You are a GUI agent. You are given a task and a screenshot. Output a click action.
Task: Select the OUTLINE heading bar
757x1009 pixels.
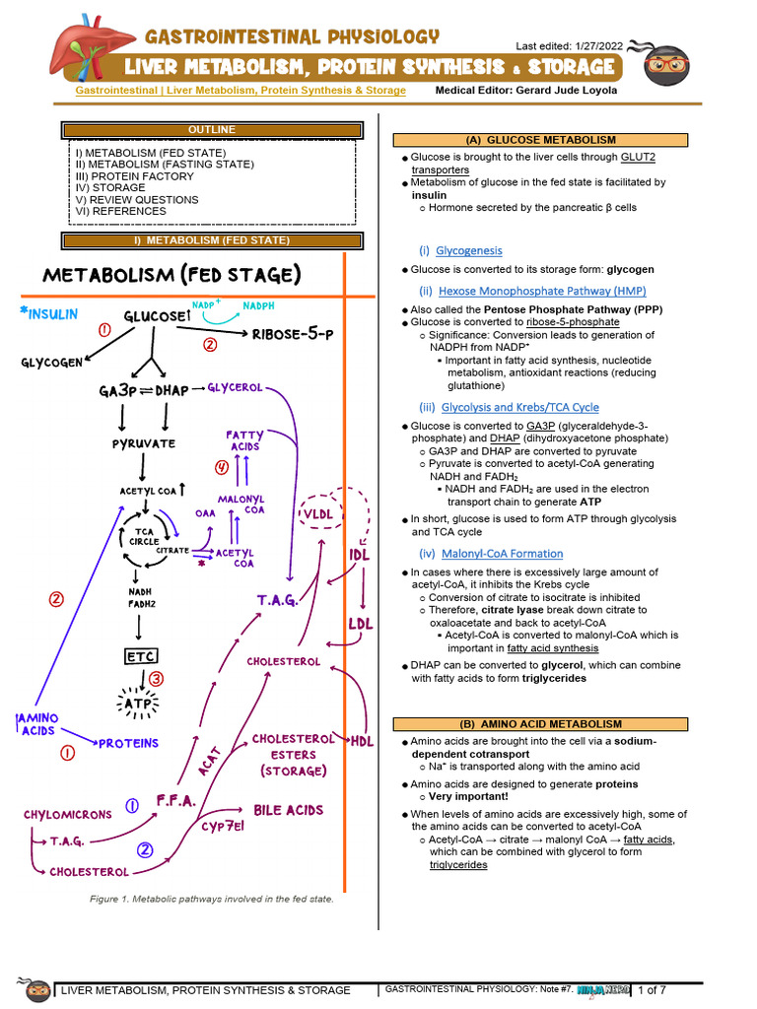212,130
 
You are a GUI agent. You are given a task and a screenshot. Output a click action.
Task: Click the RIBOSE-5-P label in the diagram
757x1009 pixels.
293,334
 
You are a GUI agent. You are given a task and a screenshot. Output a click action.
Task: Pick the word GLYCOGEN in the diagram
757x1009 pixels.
51,363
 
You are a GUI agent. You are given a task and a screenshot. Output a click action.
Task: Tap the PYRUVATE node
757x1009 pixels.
143,443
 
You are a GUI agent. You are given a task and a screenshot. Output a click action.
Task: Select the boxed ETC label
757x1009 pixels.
141,656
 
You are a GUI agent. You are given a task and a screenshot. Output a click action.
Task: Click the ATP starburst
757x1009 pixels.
141,705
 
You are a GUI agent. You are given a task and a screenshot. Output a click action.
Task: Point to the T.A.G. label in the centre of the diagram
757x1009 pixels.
277,600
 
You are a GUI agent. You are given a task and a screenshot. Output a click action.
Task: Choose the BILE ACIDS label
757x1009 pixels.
289,810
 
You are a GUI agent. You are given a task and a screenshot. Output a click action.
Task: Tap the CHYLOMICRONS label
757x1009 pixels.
66,815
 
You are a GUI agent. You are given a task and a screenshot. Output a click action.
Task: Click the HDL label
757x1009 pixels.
363,742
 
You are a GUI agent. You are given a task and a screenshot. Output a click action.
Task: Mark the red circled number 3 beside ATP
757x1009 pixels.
156,678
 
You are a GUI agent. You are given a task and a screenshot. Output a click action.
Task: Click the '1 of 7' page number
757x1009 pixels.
652,989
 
